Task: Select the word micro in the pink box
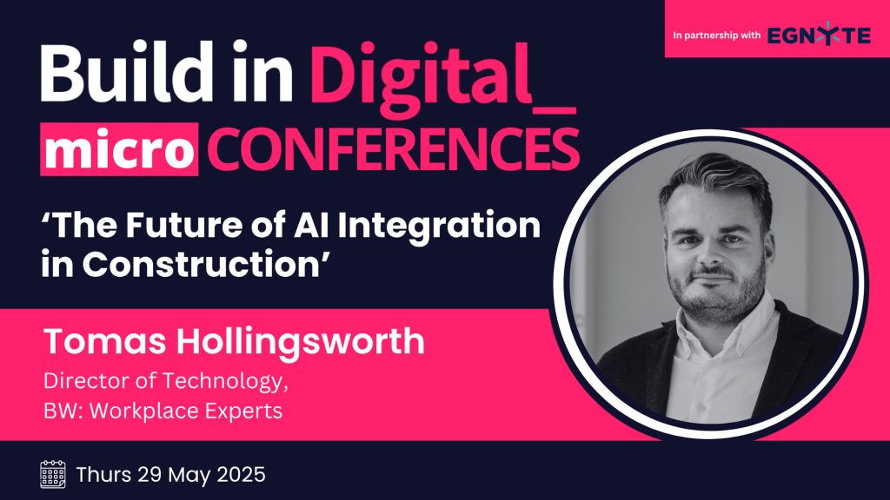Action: [x=119, y=149]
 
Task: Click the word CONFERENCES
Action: [x=393, y=149]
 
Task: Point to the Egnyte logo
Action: [x=819, y=35]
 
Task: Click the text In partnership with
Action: [x=716, y=35]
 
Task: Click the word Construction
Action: [x=201, y=264]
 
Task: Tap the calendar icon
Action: [x=53, y=475]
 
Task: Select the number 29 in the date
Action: [x=149, y=475]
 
